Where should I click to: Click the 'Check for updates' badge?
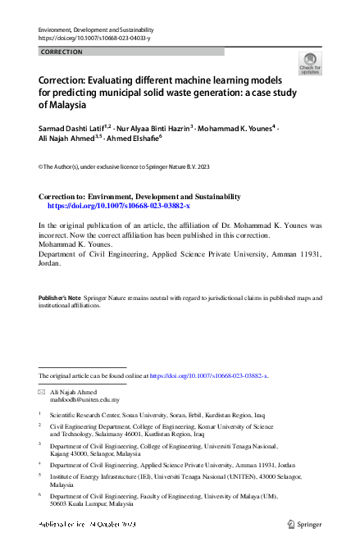pos(311,63)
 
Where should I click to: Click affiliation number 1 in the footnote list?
pos(40,416)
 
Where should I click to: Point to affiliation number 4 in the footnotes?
pos(40,465)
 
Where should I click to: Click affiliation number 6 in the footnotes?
pos(40,497)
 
